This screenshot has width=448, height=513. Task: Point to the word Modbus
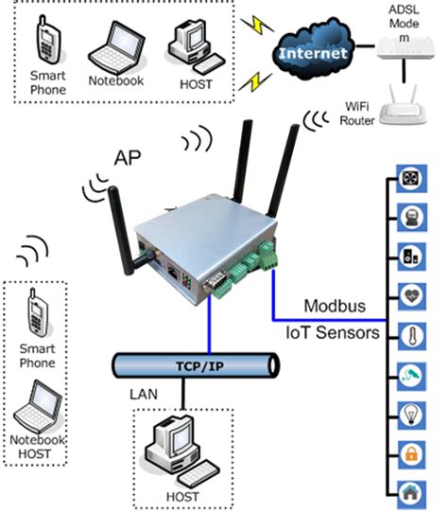332,307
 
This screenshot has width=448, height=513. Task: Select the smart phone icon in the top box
48,44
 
